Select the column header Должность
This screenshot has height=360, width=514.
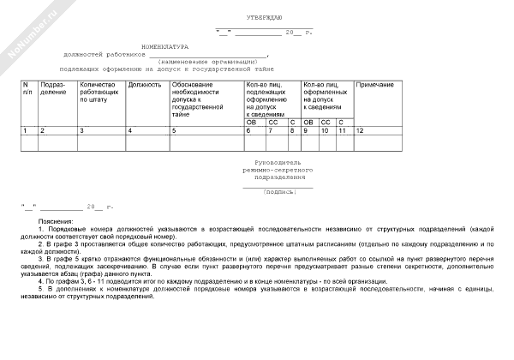pos(144,86)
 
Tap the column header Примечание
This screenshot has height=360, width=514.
pos(374,86)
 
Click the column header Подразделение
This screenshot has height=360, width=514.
pos(52,89)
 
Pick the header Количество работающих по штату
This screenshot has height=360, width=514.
pos(97,93)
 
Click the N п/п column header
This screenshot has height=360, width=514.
pos(27,89)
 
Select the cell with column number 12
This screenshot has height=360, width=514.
pos(360,129)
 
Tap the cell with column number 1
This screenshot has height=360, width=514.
pos(25,129)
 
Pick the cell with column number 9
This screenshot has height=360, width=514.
pos(306,129)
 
